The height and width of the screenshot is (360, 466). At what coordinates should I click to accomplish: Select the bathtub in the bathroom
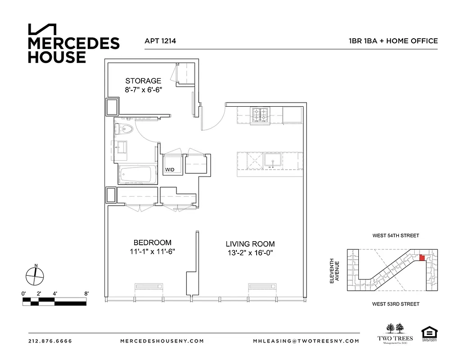[x=137, y=175]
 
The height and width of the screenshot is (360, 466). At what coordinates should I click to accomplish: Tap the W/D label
[x=170, y=170]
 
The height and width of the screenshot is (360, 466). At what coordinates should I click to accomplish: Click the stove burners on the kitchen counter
[x=259, y=116]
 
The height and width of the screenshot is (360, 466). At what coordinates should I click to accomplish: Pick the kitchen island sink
[x=272, y=161]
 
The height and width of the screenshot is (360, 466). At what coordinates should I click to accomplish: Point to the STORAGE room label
[x=143, y=81]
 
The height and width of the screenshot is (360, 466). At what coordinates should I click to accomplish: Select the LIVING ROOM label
[x=250, y=244]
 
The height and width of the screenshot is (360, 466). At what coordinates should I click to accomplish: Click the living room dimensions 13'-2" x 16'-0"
[x=250, y=253]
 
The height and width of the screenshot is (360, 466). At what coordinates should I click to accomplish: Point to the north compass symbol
[x=35, y=275]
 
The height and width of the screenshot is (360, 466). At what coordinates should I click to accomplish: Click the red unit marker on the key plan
[x=422, y=258]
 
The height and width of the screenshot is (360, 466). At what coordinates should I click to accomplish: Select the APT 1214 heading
[x=160, y=41]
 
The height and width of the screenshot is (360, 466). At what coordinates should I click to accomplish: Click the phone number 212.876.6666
[x=50, y=341]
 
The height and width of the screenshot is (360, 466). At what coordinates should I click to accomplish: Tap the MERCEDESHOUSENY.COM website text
[x=162, y=341]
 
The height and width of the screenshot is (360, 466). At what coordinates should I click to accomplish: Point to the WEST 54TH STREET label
[x=395, y=235]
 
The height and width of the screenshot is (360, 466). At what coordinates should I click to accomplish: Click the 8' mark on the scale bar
[x=86, y=293]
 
